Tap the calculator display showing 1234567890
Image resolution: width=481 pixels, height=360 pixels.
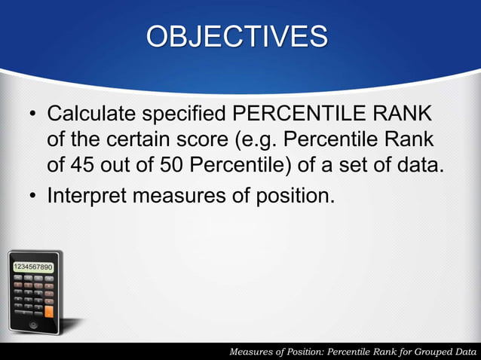click(x=32, y=267)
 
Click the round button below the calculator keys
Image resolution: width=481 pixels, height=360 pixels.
click(x=32, y=325)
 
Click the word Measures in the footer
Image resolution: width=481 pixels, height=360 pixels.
click(x=253, y=352)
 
